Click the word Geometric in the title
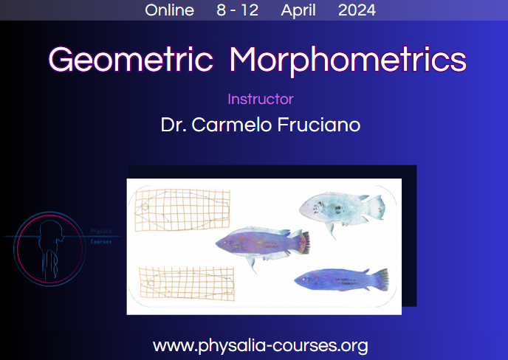131,60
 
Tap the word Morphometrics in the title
348,60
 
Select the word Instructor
261,100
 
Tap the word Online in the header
170,10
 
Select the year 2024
357,10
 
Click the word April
298,10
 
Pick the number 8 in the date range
222,10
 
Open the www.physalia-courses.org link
260,345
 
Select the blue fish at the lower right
340,279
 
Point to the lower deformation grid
182,285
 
